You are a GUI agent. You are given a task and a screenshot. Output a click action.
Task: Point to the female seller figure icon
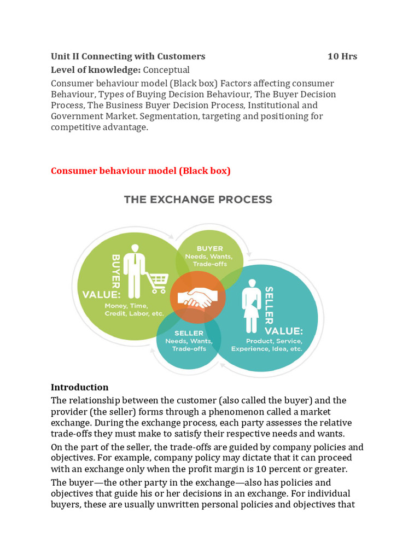point(252,306)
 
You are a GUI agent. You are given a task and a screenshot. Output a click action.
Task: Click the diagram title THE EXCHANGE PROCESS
point(198,200)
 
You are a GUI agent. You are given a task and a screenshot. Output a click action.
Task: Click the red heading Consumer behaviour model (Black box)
point(141,171)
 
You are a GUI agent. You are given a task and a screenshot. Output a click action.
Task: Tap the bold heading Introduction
point(79,387)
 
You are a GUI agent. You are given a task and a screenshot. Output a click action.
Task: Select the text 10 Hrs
point(342,56)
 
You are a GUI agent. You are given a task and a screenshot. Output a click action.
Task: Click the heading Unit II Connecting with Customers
point(128,56)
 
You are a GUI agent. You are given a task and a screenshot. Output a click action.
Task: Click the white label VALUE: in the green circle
point(101,294)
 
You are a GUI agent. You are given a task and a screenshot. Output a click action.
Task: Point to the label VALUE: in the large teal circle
point(283,331)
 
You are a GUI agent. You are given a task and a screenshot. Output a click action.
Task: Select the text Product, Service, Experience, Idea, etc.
point(266,345)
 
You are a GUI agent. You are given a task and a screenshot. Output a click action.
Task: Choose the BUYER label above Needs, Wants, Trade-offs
point(209,248)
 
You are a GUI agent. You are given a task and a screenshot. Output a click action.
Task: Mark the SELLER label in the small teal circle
point(189,333)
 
